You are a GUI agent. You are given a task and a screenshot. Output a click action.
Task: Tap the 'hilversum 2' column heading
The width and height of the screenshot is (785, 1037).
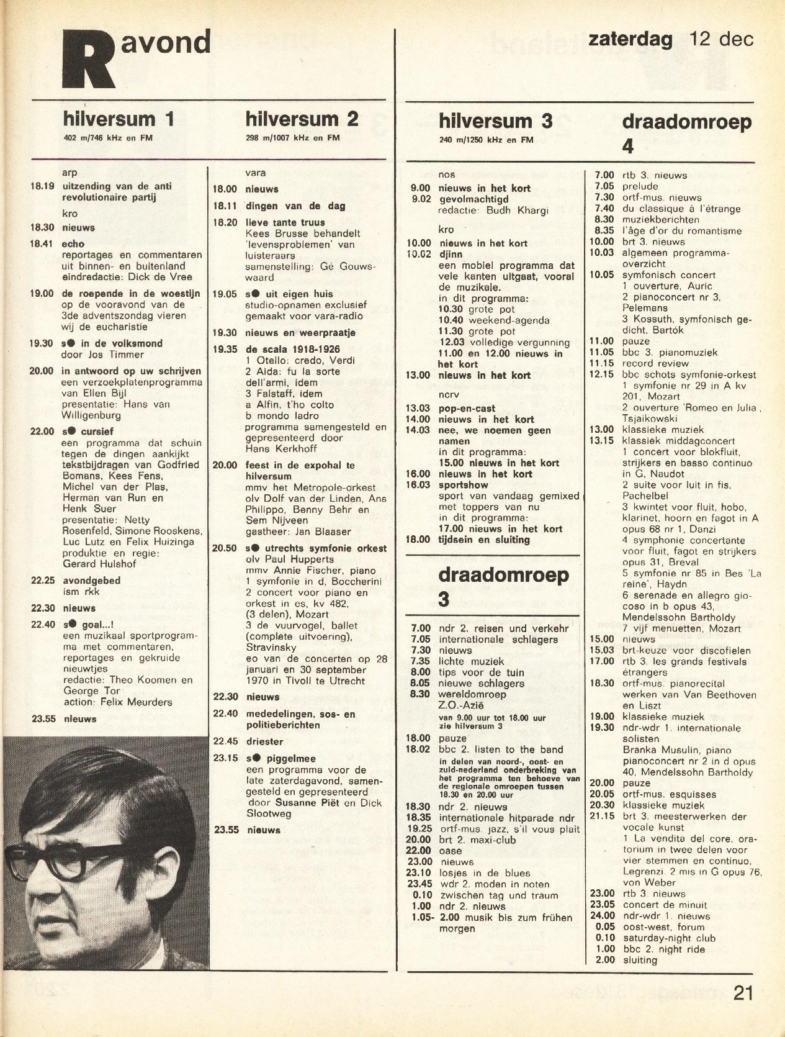pyautogui.click(x=302, y=119)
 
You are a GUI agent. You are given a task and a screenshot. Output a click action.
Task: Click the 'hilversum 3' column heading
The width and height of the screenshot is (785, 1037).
pyautogui.click(x=495, y=120)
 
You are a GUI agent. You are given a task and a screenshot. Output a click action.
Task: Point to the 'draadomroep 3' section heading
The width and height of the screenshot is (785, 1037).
pyautogui.click(x=503, y=586)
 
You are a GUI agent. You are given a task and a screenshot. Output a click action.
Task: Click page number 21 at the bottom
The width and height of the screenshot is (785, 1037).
pyautogui.click(x=743, y=993)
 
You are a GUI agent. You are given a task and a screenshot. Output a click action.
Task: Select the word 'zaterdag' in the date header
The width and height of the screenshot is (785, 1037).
pyautogui.click(x=630, y=39)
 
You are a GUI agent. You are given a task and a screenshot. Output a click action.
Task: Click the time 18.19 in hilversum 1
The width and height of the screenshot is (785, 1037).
pyautogui.click(x=42, y=186)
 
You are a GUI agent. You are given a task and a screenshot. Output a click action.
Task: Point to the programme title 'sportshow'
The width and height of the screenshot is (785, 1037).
pyautogui.click(x=463, y=484)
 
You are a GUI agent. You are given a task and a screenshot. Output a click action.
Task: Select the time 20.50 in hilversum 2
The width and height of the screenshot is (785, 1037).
pyautogui.click(x=225, y=548)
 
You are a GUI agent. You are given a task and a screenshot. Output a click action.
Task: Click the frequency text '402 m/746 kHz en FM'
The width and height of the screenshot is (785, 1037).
pyautogui.click(x=108, y=138)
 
